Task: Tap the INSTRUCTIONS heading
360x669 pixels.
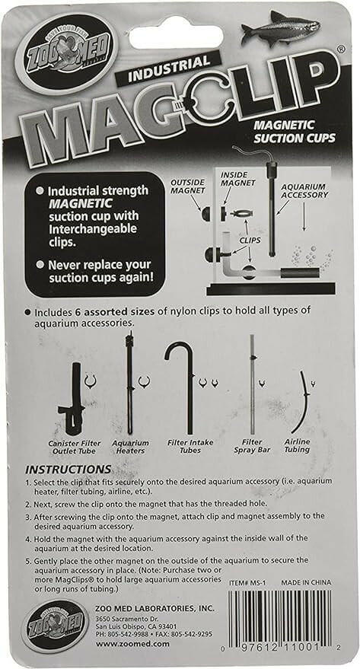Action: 68,469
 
